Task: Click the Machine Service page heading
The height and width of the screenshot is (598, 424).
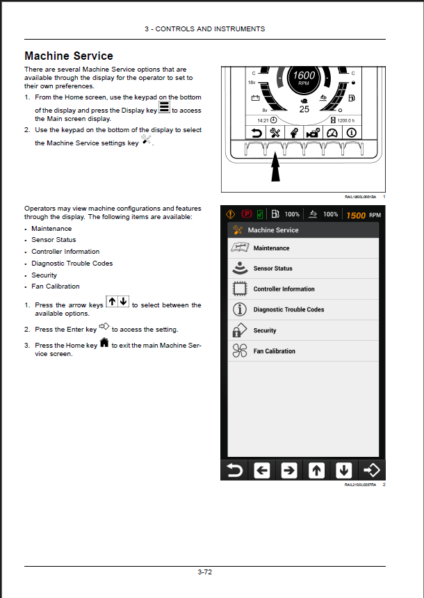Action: (69, 56)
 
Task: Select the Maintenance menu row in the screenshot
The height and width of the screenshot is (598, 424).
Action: (303, 248)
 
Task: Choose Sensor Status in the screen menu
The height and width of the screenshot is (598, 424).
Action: (303, 268)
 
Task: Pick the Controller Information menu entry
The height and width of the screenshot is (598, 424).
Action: (303, 289)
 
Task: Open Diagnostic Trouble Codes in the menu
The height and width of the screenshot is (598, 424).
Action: (303, 309)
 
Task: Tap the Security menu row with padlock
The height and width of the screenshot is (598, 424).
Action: (303, 330)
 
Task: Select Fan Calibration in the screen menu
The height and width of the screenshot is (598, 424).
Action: (303, 351)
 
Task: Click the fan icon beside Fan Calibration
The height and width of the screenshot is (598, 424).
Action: (239, 351)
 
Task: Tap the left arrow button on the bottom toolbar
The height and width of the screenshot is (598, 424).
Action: (262, 470)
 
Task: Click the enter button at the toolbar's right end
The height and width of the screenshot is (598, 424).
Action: (372, 470)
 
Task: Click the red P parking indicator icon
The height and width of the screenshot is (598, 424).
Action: (247, 215)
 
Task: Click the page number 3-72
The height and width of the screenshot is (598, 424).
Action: (204, 572)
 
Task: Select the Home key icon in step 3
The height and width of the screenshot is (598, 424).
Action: (104, 344)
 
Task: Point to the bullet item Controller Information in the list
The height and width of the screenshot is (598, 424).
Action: (65, 252)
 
